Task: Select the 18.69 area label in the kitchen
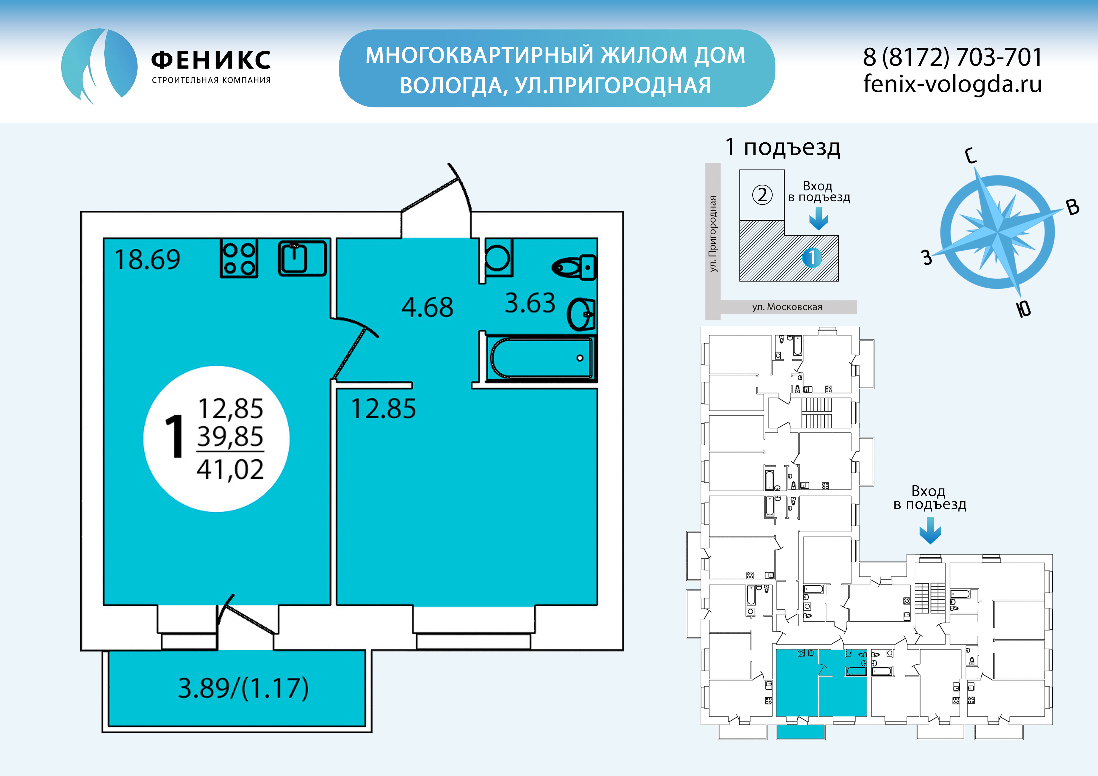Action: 147,260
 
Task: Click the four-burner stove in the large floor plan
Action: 239,259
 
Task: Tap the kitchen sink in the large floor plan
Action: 302,258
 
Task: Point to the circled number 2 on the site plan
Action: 762,195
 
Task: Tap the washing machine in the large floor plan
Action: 497,258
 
